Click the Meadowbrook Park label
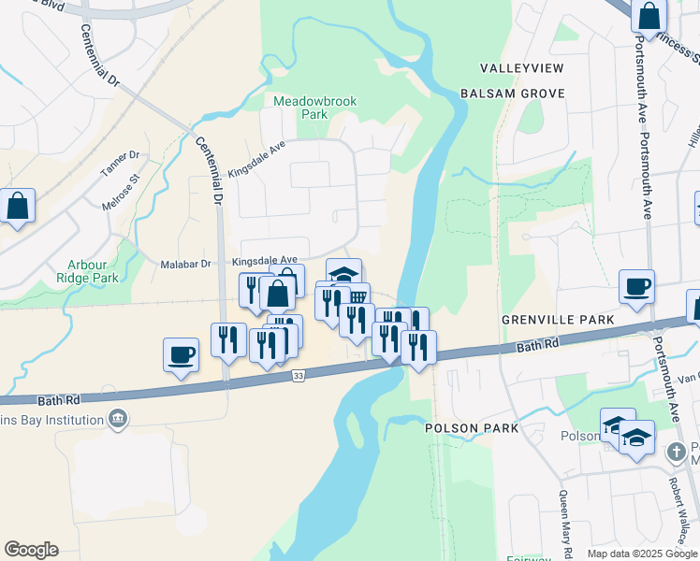301,108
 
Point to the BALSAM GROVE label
513,93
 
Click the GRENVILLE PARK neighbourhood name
558,320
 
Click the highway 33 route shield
299,376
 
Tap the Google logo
31,550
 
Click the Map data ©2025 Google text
642,554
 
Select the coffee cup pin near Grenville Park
636,287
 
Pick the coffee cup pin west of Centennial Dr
181,355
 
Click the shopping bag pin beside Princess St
649,17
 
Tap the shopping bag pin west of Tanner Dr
18,206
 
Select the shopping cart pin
357,296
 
